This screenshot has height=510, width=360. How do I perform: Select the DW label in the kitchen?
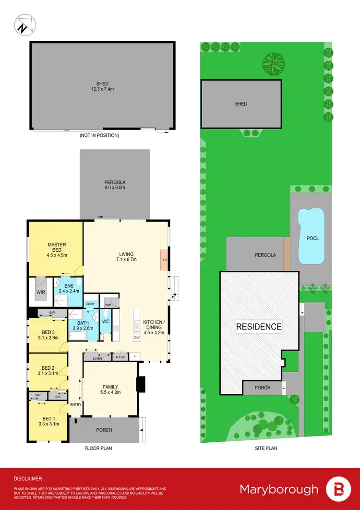[137, 337]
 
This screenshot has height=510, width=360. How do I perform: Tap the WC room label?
[106, 321]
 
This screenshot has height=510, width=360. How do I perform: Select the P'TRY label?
[119, 357]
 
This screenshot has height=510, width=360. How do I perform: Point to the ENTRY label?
[76, 404]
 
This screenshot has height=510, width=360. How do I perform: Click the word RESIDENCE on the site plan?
[259, 327]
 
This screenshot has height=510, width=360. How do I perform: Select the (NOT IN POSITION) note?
[99, 135]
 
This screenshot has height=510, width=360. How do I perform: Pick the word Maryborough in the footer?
[279, 489]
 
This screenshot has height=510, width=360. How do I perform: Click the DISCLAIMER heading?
[27, 479]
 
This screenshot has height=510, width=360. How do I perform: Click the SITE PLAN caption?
[266, 448]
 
